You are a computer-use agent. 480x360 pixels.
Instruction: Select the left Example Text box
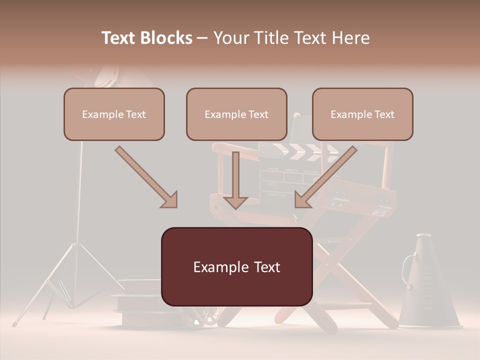[x=114, y=114]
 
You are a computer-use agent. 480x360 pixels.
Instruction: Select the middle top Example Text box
[x=236, y=114]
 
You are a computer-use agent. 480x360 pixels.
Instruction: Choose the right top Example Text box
[x=362, y=114]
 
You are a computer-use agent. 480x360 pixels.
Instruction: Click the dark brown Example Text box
[x=236, y=266]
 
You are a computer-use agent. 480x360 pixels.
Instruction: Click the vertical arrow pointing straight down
[x=235, y=180]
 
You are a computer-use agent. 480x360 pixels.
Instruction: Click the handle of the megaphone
[x=407, y=265]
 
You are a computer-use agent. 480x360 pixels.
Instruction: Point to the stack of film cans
[x=137, y=305]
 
